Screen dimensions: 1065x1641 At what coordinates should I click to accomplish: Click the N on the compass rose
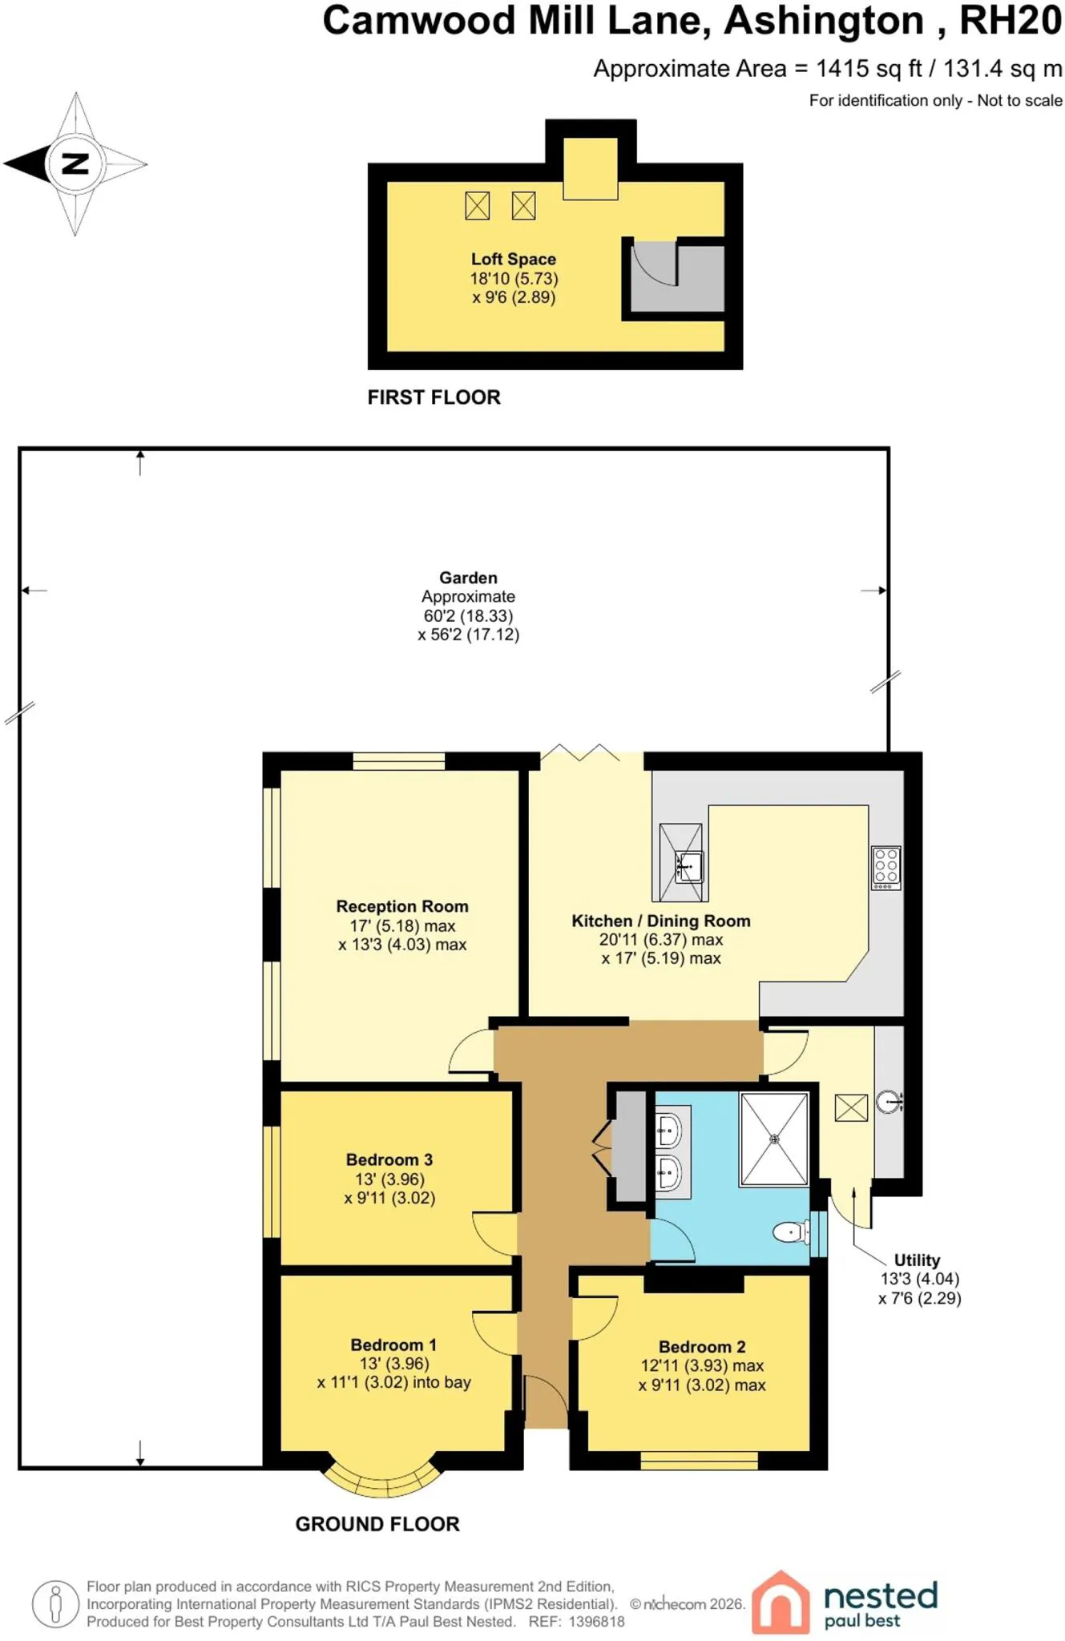point(75,163)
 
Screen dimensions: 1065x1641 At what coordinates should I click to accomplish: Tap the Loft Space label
point(514,259)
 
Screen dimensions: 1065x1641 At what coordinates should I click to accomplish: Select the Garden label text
point(468,578)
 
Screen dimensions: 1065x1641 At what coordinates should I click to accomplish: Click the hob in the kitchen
point(886,868)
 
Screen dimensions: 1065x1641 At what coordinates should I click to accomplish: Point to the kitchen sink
point(688,867)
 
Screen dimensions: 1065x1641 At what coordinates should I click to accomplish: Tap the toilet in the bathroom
point(793,1232)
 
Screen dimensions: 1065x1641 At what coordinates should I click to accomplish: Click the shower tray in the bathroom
point(774,1139)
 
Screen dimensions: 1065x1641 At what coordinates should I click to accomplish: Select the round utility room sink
point(889,1102)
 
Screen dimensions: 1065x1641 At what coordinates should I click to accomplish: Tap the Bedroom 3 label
point(389,1159)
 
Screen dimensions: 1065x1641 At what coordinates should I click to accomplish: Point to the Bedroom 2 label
point(702,1347)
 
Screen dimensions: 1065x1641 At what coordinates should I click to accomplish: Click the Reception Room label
point(402,906)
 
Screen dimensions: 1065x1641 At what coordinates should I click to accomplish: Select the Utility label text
point(917,1260)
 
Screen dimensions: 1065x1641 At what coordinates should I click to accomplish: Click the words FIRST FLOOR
point(434,397)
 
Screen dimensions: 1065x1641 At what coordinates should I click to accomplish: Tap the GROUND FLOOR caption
point(377,1524)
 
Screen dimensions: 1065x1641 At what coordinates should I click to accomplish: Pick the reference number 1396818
point(596,1622)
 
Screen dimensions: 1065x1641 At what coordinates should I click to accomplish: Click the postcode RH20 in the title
point(1011,21)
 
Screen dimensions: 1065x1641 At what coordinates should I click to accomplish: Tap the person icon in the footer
point(55,1604)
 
